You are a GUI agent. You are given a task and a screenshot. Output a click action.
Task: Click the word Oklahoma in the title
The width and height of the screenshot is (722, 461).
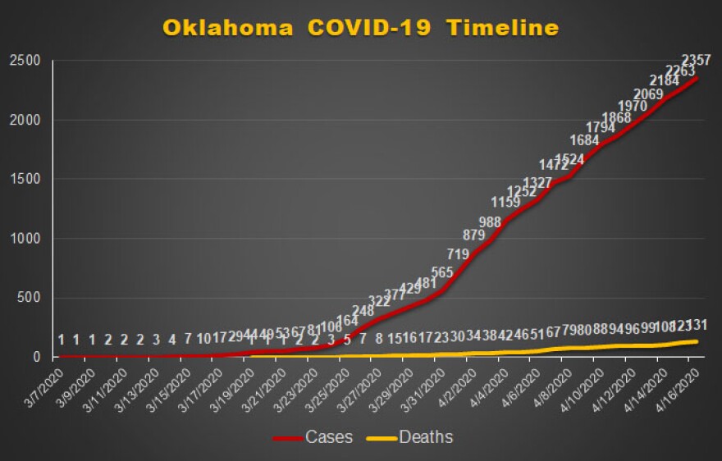pos(227,27)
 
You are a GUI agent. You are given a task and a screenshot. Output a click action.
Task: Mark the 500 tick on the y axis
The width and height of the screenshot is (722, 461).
pos(28,298)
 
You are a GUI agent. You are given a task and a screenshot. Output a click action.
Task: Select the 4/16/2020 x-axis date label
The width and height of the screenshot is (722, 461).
pos(682,386)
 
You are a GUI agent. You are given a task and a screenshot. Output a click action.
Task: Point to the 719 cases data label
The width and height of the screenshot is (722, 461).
pos(458,253)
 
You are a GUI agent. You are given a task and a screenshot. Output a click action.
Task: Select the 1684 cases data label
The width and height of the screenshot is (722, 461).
pos(585,139)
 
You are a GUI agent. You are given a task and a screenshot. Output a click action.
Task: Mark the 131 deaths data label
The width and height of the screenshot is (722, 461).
pos(697,323)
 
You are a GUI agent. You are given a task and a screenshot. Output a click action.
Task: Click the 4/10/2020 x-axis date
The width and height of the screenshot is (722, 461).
pos(587,386)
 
